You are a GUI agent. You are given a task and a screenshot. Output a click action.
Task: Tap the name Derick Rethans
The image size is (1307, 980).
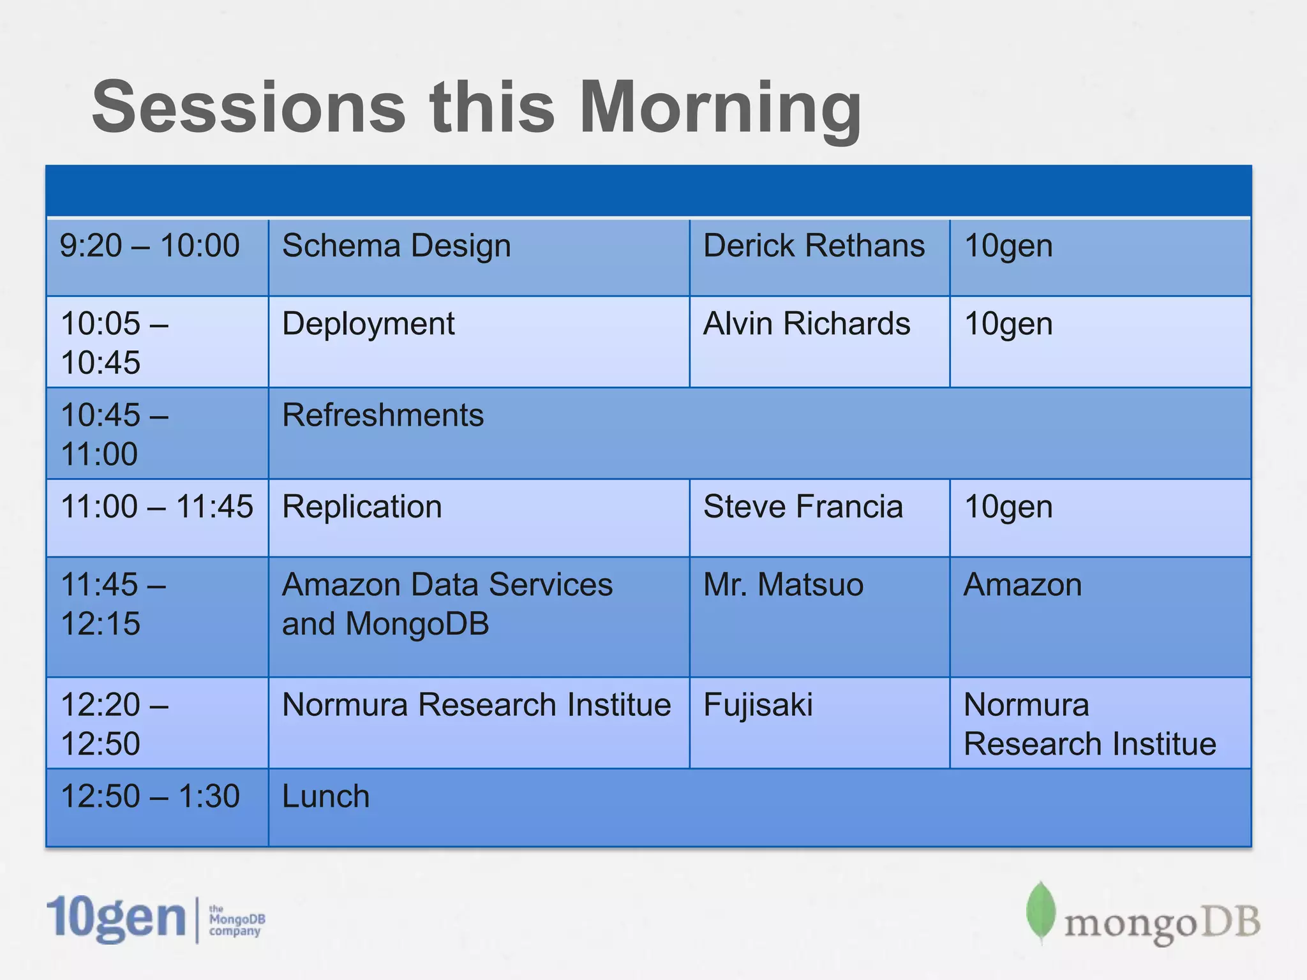(814, 246)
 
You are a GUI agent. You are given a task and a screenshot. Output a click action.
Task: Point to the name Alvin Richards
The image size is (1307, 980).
(807, 323)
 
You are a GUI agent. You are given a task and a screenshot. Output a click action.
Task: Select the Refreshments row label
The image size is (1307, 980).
(383, 415)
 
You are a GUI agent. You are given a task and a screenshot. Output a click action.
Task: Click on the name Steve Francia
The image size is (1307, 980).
(803, 507)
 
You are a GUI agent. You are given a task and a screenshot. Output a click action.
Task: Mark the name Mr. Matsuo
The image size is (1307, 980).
(783, 584)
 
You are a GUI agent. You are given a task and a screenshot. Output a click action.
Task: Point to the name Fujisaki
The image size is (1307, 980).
(758, 706)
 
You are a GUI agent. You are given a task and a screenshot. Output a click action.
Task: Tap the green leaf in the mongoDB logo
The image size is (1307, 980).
(1041, 912)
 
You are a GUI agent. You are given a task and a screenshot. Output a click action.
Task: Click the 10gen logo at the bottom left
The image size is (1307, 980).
(156, 919)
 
